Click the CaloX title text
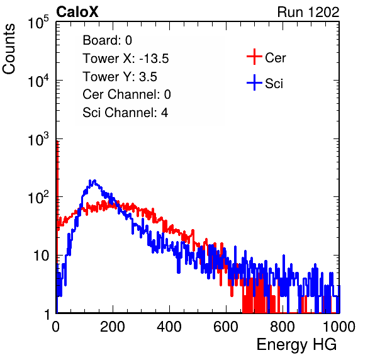(77, 12)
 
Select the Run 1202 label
(308, 12)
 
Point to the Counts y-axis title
(9, 49)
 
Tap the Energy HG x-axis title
(296, 345)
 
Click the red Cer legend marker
(254, 57)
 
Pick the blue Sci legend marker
(254, 82)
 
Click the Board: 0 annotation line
(107, 40)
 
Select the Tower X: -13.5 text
(126, 59)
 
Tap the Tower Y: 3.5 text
(120, 77)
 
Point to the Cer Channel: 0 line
(126, 94)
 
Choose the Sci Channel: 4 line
(125, 113)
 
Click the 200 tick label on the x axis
(113, 327)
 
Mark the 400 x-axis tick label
(169, 327)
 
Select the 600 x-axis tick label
(226, 327)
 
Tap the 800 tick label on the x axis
(283, 327)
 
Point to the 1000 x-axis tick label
(339, 327)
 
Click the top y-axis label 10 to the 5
(38, 23)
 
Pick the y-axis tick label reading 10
(42, 256)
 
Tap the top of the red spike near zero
(57, 142)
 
